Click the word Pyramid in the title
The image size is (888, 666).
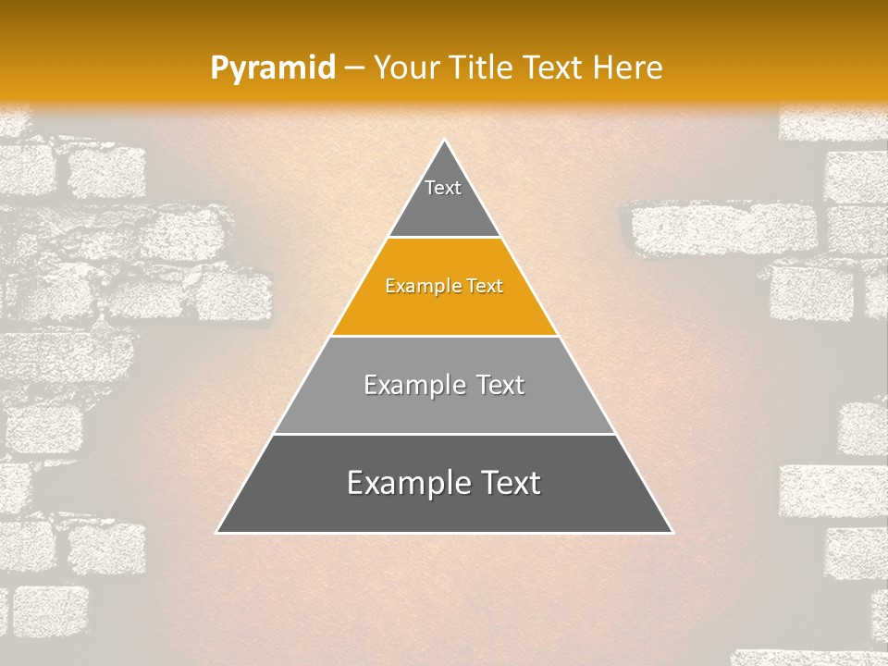(273, 68)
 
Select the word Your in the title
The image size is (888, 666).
(403, 68)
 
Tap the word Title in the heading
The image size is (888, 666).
(481, 68)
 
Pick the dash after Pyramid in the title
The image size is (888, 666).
(353, 68)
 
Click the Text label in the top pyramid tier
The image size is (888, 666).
(443, 188)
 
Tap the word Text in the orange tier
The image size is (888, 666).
(486, 286)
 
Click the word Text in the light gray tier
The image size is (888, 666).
(500, 385)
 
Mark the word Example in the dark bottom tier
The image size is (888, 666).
(406, 483)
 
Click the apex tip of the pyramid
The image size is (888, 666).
(444, 141)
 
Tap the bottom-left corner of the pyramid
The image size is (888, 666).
(217, 532)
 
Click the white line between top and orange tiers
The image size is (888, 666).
(444, 238)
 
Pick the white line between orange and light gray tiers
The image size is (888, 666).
(444, 336)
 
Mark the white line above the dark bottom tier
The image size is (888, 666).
(444, 434)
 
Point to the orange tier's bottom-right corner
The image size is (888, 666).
(557, 335)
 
